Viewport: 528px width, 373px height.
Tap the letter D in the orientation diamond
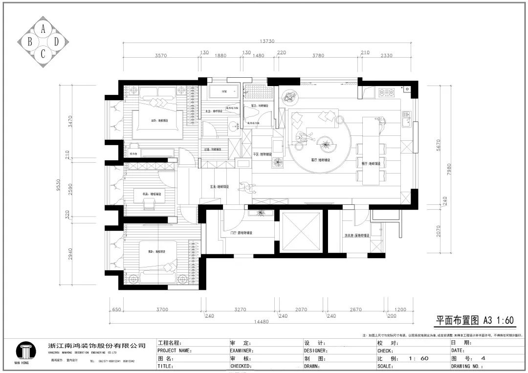pos(56,43)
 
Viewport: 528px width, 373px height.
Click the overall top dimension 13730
pos(269,42)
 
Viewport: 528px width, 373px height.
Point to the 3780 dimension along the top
pos(318,55)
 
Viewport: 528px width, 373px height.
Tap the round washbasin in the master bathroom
pos(236,125)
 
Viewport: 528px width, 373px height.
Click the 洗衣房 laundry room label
pos(356,235)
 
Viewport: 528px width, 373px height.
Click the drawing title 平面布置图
pos(457,320)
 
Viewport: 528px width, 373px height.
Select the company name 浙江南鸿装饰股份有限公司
pos(97,346)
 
